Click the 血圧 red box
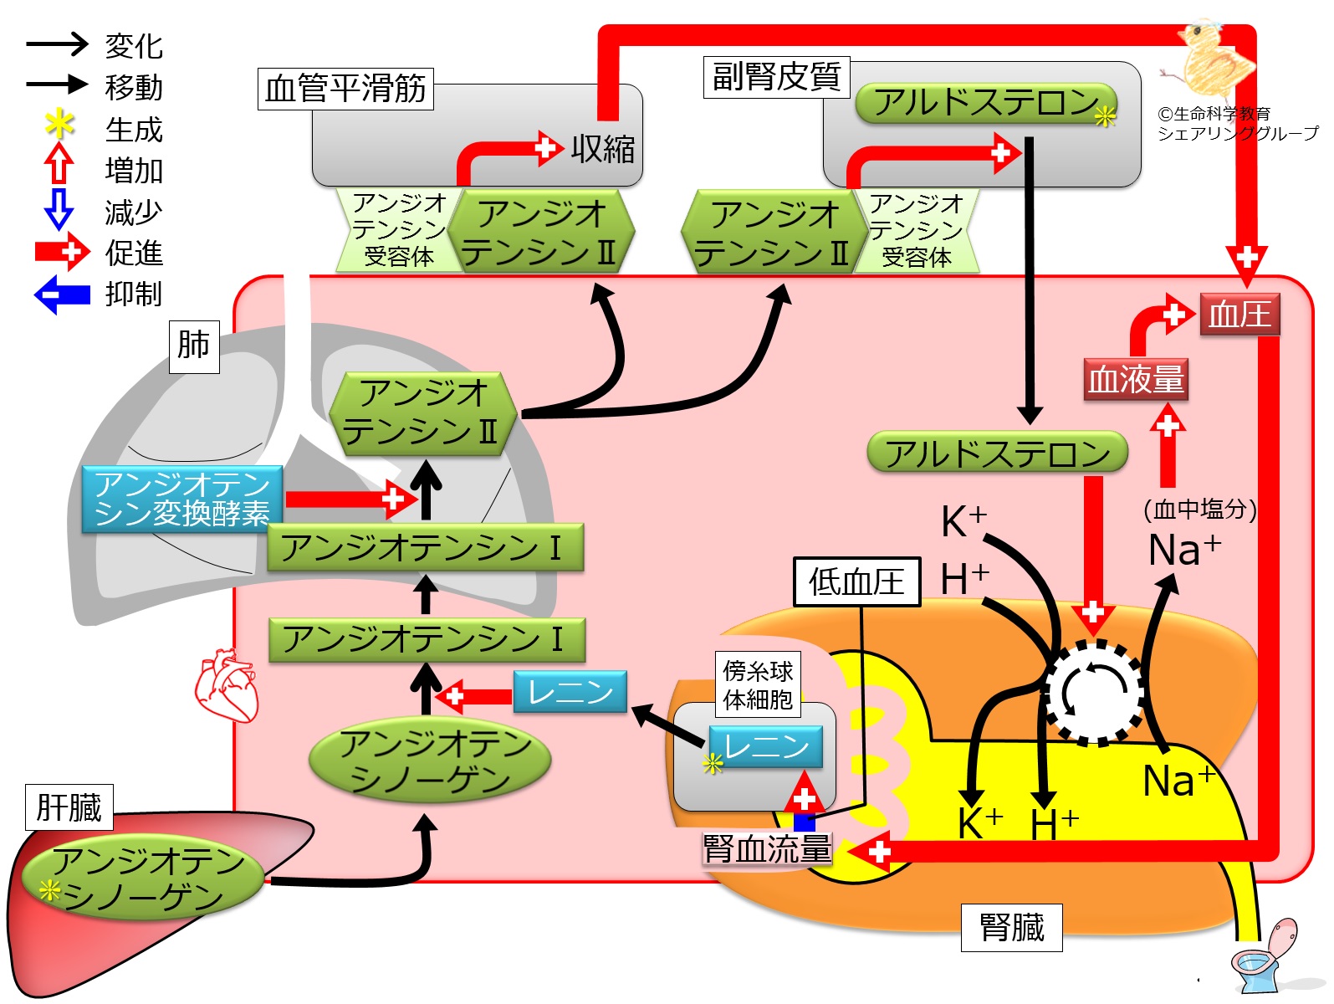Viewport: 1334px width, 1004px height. [x=1239, y=315]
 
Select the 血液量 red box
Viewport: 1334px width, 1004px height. [x=1135, y=379]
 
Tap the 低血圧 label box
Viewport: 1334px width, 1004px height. [x=856, y=581]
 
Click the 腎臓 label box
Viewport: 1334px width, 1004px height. [x=1011, y=927]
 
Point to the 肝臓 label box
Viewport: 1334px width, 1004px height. [x=69, y=807]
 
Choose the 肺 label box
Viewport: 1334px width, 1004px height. [x=194, y=345]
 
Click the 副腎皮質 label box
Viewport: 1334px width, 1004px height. [x=776, y=77]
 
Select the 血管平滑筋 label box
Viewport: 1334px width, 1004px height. [x=345, y=89]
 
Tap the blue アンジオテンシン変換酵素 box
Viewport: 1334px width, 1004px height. [x=181, y=499]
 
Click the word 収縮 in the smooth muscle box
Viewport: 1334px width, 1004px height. [x=603, y=149]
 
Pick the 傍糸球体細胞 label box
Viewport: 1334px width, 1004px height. [x=758, y=684]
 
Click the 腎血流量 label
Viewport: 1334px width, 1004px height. [x=767, y=849]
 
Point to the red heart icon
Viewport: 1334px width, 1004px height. [x=226, y=685]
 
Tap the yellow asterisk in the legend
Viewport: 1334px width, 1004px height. [x=59, y=125]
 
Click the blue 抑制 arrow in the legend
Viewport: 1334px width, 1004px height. [x=62, y=295]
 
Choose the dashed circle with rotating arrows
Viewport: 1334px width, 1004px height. [x=1095, y=691]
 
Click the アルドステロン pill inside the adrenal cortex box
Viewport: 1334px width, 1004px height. [x=986, y=103]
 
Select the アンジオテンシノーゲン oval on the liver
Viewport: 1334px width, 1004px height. [x=141, y=878]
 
